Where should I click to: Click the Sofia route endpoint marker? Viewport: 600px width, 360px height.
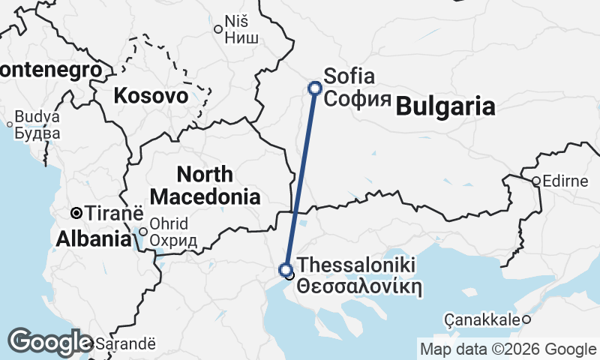315,88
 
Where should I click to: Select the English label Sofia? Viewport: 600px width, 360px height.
349,76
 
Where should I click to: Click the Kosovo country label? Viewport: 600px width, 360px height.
151,96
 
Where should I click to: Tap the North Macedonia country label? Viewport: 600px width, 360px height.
205,186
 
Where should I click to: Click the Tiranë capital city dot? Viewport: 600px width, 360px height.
76,212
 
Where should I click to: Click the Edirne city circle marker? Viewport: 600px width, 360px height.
537,181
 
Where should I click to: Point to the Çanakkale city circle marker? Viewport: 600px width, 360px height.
526,320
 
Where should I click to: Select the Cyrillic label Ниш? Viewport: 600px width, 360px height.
242,38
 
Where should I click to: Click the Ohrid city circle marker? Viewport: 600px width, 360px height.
143,231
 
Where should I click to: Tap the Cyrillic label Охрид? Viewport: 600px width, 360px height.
173,241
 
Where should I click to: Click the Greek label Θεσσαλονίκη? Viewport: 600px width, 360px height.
356,286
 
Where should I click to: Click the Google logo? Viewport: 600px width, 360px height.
51,342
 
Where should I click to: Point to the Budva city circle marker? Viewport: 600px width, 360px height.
10,124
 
